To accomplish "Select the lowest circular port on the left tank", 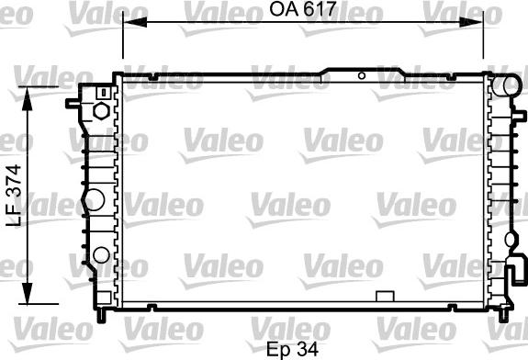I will (x=100, y=255).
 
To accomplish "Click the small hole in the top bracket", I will (x=362, y=74).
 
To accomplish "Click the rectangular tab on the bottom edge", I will (x=387, y=296).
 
